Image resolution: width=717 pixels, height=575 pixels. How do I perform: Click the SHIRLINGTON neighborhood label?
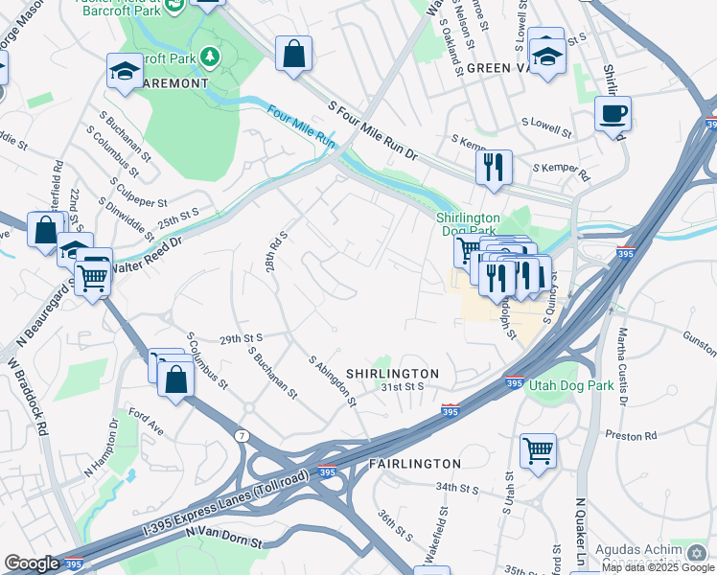[392, 373]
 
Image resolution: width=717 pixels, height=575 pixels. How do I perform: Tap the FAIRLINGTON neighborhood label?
[414, 463]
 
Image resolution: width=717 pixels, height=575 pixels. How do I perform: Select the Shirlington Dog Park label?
[470, 224]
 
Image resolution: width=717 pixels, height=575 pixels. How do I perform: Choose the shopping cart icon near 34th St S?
[538, 448]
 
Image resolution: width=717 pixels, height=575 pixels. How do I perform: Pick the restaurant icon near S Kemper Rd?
[495, 166]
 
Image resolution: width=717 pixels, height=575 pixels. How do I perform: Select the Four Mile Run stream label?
[302, 126]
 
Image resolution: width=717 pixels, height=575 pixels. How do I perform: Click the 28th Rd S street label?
[277, 250]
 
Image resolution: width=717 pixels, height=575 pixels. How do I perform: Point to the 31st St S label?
[402, 387]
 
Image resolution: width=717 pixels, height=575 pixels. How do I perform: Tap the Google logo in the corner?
[32, 563]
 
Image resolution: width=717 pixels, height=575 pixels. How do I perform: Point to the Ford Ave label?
[147, 424]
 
